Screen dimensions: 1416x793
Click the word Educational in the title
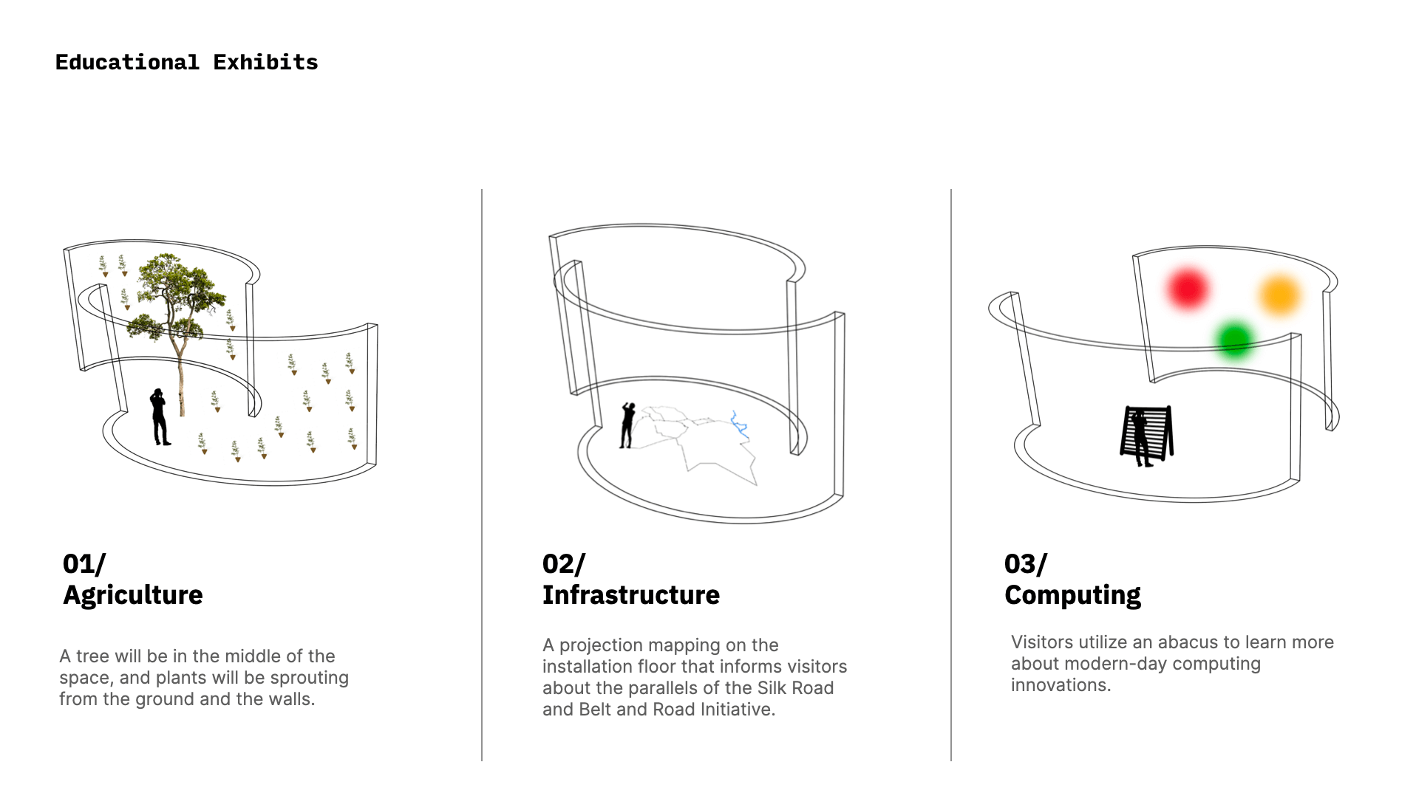coord(127,62)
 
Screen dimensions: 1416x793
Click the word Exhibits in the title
coord(265,62)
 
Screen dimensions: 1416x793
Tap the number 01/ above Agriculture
coord(84,564)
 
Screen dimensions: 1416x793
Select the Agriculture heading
coord(133,595)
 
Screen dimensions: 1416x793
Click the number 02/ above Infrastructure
coord(564,564)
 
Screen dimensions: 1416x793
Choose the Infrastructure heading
coord(631,595)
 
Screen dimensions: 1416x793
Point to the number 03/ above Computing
coord(1026,564)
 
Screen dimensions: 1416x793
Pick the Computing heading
coord(1072,595)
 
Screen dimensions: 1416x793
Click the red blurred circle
coord(1188,289)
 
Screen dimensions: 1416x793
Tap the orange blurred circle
coord(1279,295)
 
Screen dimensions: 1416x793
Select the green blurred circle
coord(1233,340)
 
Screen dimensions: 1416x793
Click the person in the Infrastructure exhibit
coord(627,425)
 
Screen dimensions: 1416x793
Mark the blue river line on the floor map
coord(740,425)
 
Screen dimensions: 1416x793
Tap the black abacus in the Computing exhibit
coord(1146,435)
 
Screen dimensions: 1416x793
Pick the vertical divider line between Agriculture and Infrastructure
coord(482,475)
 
